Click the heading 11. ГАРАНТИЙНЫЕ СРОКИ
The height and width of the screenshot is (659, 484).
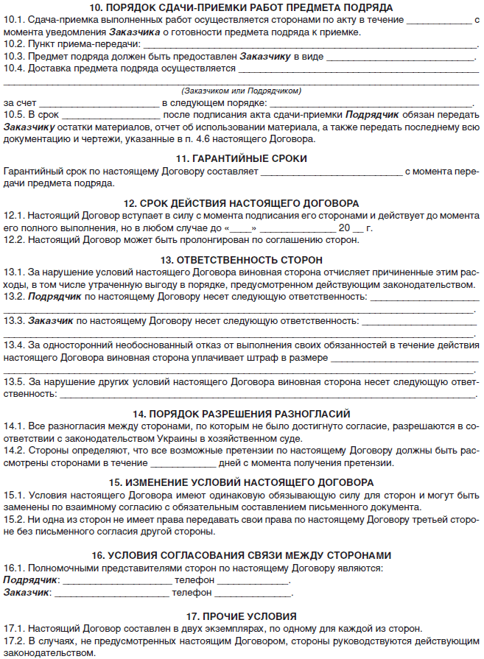click(242, 158)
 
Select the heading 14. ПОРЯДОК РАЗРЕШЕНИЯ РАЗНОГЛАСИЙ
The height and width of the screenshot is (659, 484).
click(242, 414)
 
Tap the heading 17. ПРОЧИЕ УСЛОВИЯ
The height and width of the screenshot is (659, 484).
click(242, 616)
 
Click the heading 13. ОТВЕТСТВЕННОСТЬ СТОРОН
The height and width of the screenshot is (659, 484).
click(242, 260)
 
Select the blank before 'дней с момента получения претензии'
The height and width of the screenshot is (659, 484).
click(182, 464)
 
